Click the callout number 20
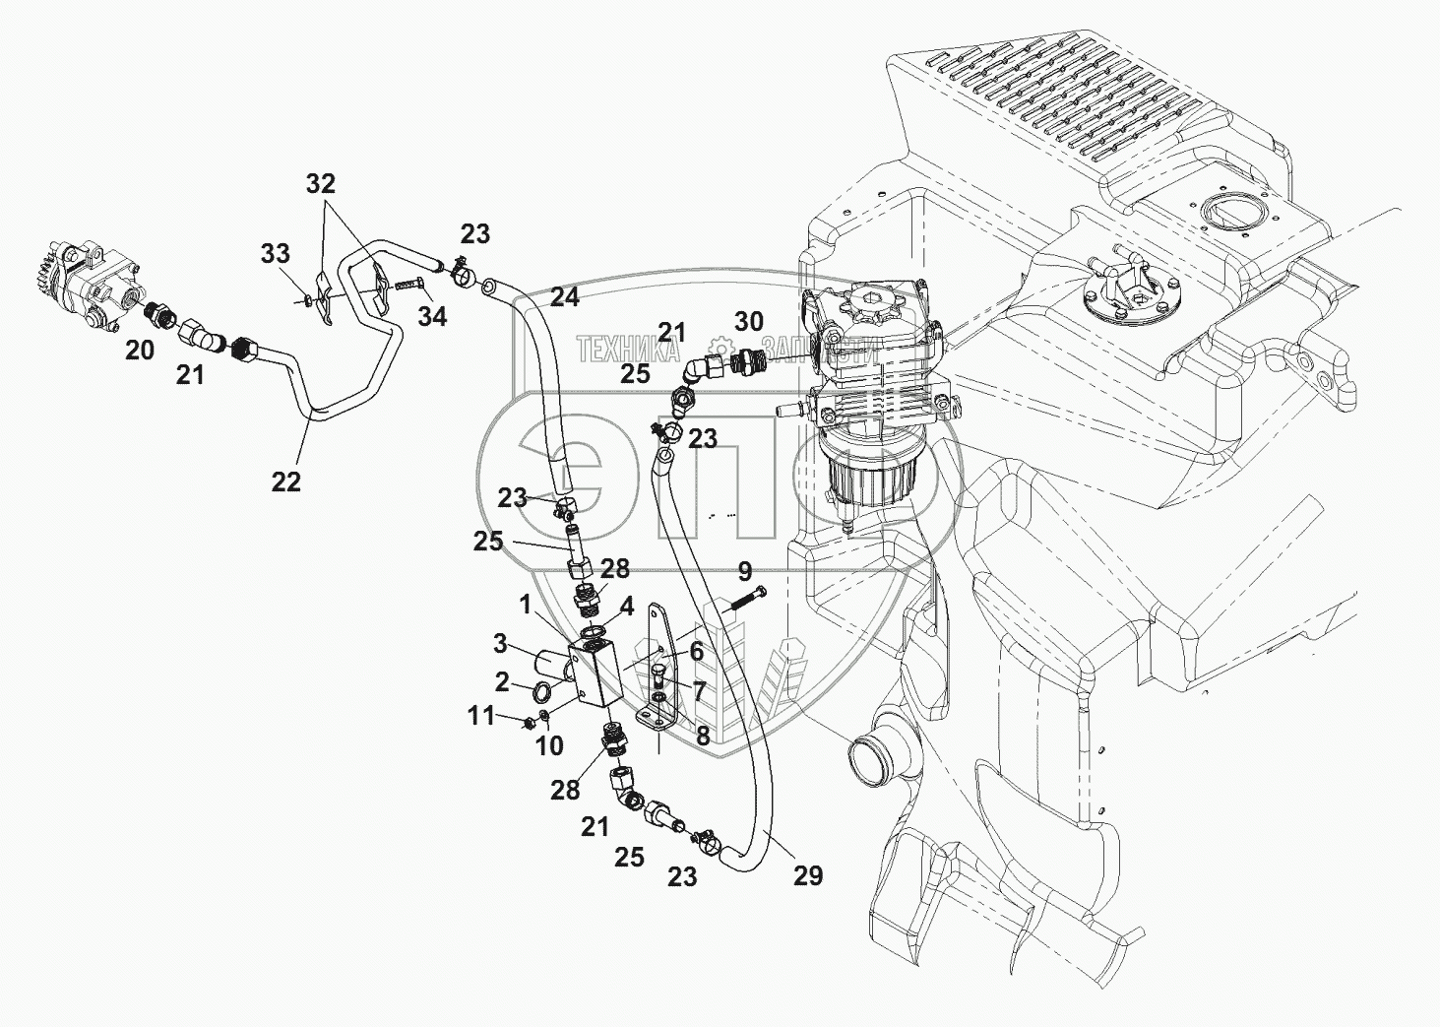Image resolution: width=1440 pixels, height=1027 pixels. click(x=140, y=349)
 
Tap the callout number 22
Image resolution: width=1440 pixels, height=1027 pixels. click(x=285, y=481)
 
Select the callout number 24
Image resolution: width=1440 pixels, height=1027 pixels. click(x=565, y=297)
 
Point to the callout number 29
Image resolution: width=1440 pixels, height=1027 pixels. click(x=808, y=875)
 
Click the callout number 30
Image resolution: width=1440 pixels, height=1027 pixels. click(x=749, y=322)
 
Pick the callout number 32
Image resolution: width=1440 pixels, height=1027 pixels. click(x=321, y=183)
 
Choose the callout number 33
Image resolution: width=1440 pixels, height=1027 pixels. click(x=276, y=255)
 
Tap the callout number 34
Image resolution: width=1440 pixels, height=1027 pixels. click(x=432, y=316)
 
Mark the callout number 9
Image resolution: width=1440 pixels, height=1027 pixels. click(x=744, y=571)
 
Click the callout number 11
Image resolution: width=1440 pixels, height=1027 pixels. click(x=480, y=716)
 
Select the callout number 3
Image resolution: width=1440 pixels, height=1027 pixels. click(x=500, y=644)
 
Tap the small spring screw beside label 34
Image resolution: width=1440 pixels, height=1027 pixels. click(x=408, y=287)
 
